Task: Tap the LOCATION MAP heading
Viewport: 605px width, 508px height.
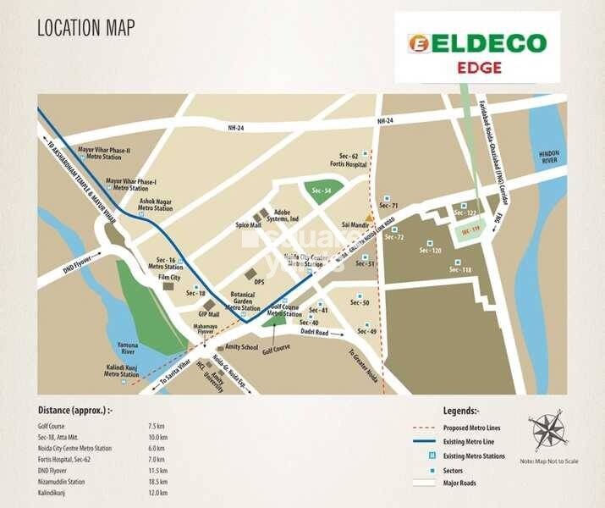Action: pos(85,27)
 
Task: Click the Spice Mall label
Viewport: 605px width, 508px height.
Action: pos(249,224)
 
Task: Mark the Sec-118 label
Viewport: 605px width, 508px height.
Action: pos(460,270)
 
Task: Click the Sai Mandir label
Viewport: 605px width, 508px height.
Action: pos(355,225)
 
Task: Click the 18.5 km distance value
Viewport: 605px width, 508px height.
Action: pos(153,479)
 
